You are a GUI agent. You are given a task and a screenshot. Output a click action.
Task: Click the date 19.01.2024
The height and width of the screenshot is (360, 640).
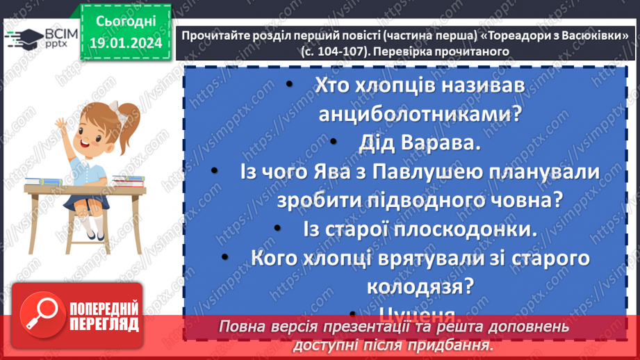tap(124, 44)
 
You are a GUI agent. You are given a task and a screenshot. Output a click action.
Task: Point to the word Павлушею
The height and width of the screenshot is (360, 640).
tap(423, 172)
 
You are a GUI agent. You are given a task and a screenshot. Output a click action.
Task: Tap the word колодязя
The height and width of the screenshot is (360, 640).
tap(413, 285)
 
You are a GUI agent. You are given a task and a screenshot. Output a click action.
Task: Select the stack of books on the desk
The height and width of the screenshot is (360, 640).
tap(128, 181)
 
